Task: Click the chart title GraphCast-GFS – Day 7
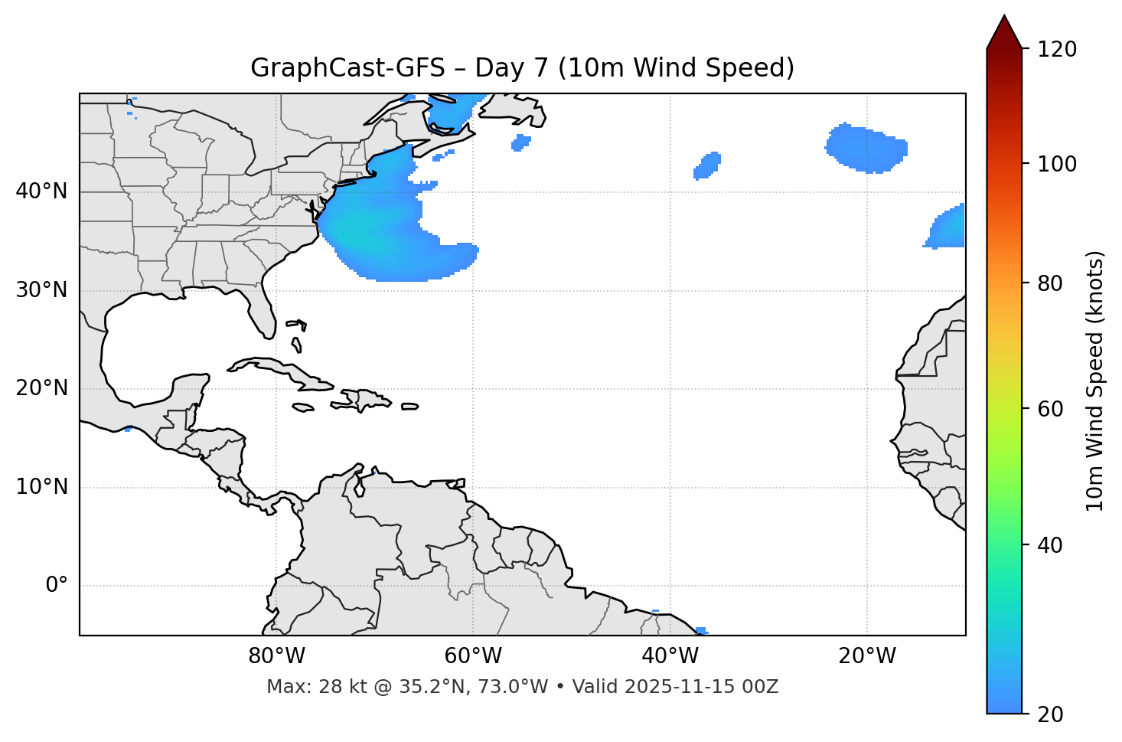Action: coord(522,68)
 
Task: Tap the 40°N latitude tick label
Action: coord(41,191)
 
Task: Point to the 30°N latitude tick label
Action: coord(41,290)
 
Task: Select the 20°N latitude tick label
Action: coord(41,388)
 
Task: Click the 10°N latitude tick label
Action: coord(41,487)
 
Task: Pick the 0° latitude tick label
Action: coord(57,586)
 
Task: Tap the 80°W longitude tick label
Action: coord(276,656)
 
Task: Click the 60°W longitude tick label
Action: coord(473,656)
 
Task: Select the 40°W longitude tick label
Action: coord(670,656)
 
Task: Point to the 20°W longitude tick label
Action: coord(867,656)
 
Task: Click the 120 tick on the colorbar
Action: coord(1058,50)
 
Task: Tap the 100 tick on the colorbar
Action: coord(1058,164)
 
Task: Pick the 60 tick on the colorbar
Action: coord(1050,409)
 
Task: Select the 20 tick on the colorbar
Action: coord(1050,714)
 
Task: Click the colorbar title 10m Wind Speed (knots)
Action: coord(1095,381)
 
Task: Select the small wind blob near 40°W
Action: coord(707,165)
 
